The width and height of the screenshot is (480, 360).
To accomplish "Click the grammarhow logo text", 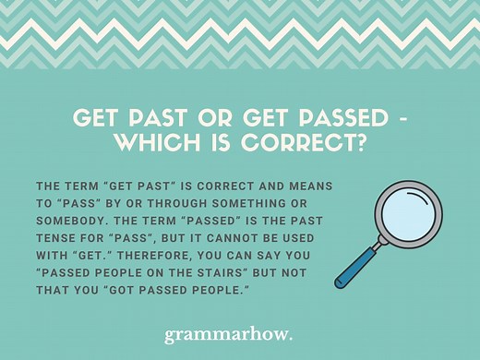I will tap(240, 330).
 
